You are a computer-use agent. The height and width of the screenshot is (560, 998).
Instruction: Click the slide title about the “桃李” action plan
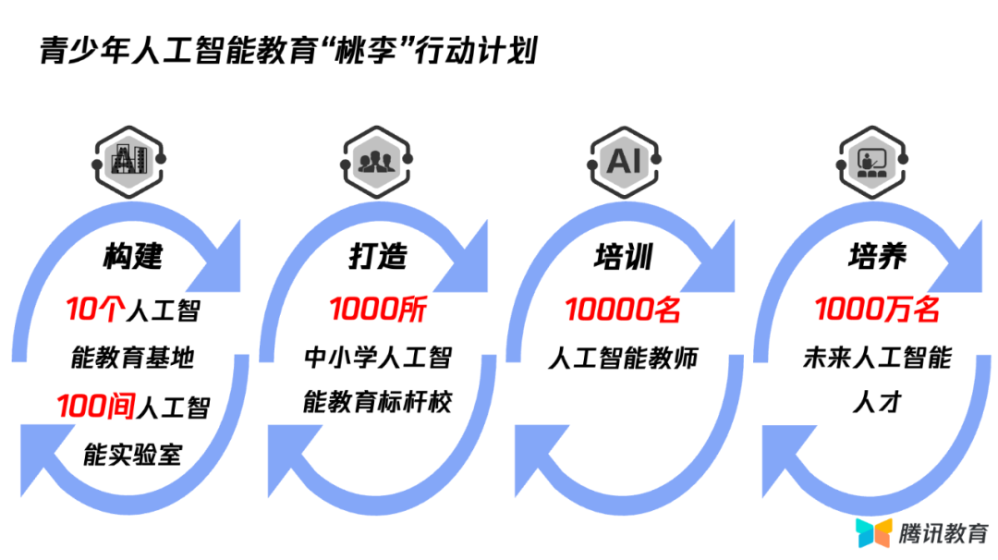(287, 51)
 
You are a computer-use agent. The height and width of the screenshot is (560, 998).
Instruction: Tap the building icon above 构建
(128, 162)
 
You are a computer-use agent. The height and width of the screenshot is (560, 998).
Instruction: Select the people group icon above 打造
(376, 162)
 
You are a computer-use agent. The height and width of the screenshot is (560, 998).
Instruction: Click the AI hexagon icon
(624, 162)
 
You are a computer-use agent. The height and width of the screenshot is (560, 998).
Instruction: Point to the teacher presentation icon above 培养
(872, 162)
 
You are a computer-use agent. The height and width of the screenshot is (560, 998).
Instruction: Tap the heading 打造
(378, 256)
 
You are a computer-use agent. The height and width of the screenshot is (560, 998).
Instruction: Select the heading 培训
(623, 256)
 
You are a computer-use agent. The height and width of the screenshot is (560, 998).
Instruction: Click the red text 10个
(89, 309)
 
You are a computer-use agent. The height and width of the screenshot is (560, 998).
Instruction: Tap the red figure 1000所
(378, 310)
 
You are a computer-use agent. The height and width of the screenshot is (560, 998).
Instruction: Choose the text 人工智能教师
(623, 358)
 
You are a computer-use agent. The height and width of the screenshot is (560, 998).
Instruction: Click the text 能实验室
(133, 455)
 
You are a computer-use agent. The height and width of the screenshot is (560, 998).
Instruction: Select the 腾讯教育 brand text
(942, 532)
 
